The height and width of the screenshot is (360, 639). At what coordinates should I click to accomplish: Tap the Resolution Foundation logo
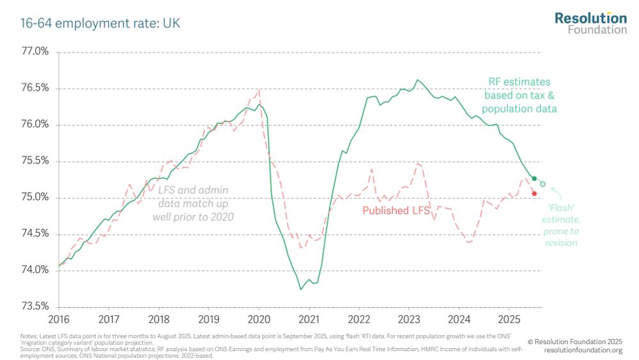pos(590,22)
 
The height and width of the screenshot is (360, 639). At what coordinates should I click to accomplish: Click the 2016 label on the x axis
pos(59,318)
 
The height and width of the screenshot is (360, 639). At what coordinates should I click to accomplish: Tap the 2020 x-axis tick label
pos(258,318)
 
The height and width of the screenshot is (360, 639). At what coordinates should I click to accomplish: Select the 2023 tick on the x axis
pos(409,318)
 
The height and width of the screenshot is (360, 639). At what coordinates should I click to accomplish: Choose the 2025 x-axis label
pos(509,318)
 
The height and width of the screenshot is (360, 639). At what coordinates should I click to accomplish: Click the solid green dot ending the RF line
pos(534,178)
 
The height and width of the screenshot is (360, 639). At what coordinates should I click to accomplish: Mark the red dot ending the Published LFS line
pos(534,193)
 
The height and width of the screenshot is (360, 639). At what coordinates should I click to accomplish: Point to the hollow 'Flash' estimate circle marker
pos(543,184)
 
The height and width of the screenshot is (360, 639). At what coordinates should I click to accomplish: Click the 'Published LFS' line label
pos(396,210)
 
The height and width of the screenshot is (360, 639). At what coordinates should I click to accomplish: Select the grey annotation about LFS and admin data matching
pos(193,203)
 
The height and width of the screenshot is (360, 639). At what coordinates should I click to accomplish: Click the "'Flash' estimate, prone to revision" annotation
pos(562,224)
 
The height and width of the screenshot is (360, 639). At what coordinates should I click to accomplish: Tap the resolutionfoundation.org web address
pos(583,350)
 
